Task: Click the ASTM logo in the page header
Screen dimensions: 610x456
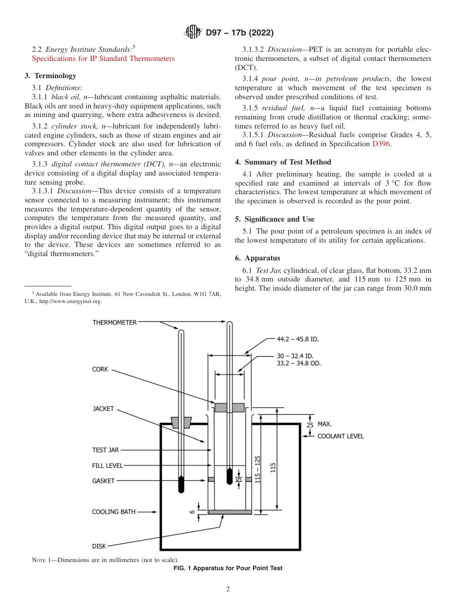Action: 193,33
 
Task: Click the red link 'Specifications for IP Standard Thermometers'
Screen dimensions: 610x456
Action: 103,59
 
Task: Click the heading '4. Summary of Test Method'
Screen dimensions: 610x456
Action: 283,162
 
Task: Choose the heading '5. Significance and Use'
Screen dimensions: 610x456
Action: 275,219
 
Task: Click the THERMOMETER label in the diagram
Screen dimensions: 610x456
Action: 114,323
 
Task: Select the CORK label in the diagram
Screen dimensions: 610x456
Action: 100,370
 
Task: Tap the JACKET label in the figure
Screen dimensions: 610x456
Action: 103,409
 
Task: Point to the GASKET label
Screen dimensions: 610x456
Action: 103,481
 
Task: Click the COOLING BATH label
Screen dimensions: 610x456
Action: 114,512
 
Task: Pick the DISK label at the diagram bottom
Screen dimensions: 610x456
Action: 99,546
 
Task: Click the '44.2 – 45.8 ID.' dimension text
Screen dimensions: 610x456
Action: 298,339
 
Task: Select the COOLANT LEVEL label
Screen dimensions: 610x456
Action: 340,436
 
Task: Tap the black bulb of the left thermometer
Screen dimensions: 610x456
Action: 181,484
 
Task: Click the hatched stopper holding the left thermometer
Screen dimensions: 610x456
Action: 181,422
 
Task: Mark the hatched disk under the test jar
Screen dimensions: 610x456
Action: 230,512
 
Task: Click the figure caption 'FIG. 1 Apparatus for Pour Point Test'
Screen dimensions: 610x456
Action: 228,568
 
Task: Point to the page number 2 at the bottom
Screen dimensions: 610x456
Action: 228,589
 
